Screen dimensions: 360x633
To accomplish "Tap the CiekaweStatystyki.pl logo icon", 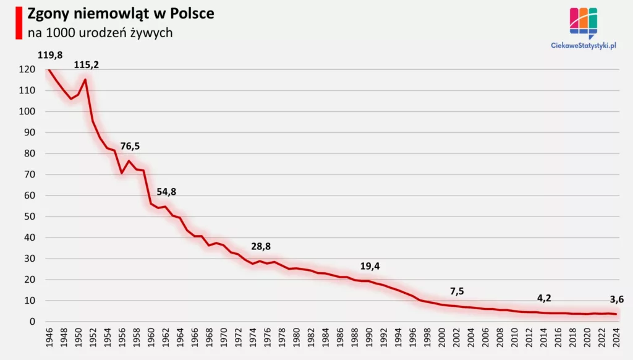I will click(583, 23).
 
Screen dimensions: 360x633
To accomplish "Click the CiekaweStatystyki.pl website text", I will click(584, 45).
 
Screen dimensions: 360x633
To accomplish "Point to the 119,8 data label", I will click(50, 55).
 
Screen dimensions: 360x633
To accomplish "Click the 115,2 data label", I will click(86, 64).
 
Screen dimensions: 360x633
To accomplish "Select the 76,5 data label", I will click(130, 147).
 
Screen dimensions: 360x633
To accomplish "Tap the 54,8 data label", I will click(166, 192).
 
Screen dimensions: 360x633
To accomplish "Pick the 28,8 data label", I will click(261, 246).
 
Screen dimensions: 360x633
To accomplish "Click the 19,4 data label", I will click(370, 266).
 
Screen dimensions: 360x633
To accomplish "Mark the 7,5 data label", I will click(457, 291).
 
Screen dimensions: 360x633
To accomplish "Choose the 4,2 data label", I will click(544, 298).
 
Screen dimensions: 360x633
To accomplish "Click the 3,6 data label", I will click(616, 299).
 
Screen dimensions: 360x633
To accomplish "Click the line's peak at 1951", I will click(85, 79).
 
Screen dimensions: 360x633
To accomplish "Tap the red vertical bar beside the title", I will click(19, 22).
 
